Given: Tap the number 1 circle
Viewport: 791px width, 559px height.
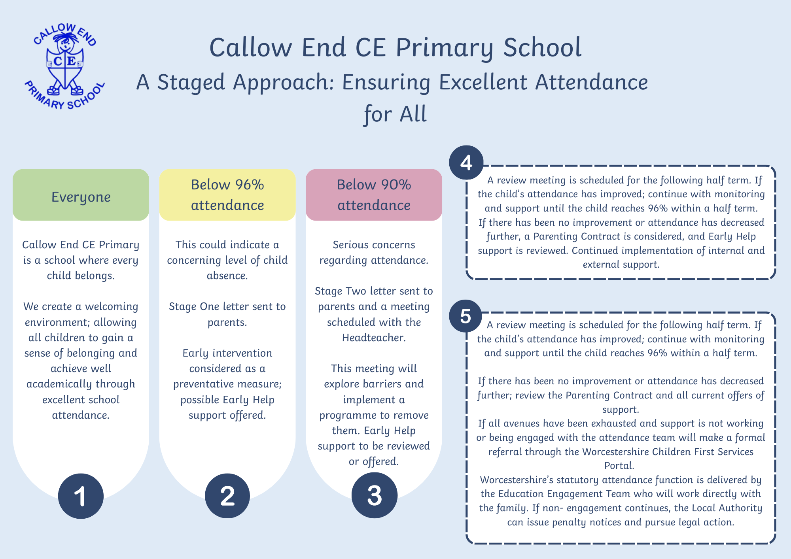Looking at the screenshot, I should [x=81, y=496].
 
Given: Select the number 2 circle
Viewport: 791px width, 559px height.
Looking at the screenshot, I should [x=227, y=496].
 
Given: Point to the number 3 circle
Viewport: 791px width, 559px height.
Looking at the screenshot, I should [x=374, y=495].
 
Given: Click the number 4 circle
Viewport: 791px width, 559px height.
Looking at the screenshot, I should [x=466, y=162].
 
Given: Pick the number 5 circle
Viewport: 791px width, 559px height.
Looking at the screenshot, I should [x=466, y=316].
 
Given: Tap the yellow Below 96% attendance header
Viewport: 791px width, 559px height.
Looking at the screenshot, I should [x=227, y=195].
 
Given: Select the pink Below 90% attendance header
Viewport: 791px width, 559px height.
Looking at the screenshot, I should [x=374, y=195].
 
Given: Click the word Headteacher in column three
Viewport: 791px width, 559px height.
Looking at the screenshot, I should [x=374, y=338].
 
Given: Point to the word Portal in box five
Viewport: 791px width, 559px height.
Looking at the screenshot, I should [x=619, y=466].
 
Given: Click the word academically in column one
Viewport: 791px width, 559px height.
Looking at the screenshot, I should [x=59, y=384].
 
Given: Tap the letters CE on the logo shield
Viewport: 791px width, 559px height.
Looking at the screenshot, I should [x=65, y=61].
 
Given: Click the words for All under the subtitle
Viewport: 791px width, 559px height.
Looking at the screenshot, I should [x=395, y=114].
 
